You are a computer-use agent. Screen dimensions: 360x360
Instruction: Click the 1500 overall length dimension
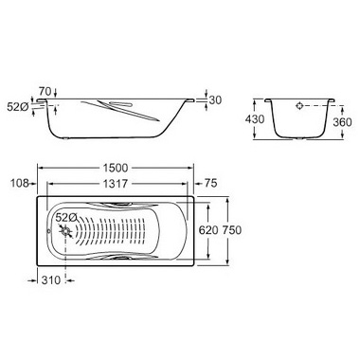coord(116,168)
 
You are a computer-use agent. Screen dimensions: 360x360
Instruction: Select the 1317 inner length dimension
coord(116,183)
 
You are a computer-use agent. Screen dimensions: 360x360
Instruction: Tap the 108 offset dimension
coord(20,183)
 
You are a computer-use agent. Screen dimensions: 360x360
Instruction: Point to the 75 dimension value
coord(211,183)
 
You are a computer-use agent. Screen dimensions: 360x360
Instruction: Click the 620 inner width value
coord(208,230)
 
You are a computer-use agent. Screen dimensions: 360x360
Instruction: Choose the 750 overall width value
coord(232,230)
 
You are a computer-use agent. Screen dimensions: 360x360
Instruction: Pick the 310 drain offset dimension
coord(51,279)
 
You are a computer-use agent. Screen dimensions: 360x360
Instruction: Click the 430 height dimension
coord(255,119)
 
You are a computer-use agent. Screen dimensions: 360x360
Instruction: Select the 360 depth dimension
coord(342,122)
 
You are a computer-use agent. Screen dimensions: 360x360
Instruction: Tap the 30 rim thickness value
coord(215,100)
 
